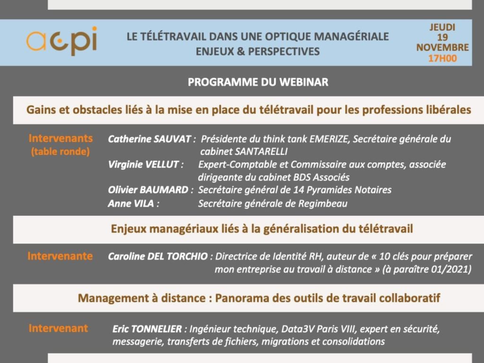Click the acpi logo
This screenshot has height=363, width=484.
62,41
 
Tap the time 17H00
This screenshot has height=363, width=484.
442,58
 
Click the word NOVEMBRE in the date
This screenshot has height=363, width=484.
442,48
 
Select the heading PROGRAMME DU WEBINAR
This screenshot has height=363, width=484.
258,82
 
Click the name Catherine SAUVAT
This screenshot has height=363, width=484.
149,139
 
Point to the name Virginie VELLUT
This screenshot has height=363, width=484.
143,164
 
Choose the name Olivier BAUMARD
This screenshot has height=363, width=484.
148,190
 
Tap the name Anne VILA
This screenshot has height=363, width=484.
131,203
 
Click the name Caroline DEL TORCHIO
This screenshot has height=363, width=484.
158,256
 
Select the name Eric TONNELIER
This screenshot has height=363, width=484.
147,329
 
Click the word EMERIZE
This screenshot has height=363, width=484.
329,139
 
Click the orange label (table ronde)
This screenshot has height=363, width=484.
60,152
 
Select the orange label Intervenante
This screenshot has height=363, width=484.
60,256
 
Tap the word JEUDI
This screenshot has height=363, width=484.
442,27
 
